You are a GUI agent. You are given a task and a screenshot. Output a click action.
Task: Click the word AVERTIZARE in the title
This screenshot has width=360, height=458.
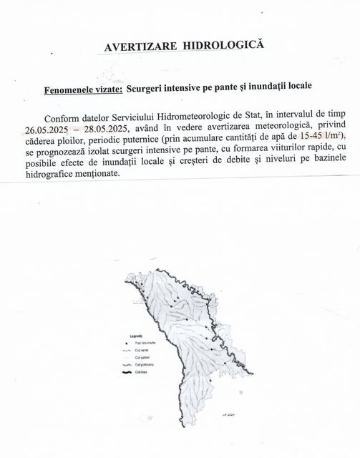(x=141, y=47)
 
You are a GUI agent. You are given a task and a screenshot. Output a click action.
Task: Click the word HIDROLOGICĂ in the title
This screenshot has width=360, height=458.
(x=223, y=44)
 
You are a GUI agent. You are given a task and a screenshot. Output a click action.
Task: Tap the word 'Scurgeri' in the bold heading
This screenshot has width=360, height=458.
(x=157, y=89)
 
